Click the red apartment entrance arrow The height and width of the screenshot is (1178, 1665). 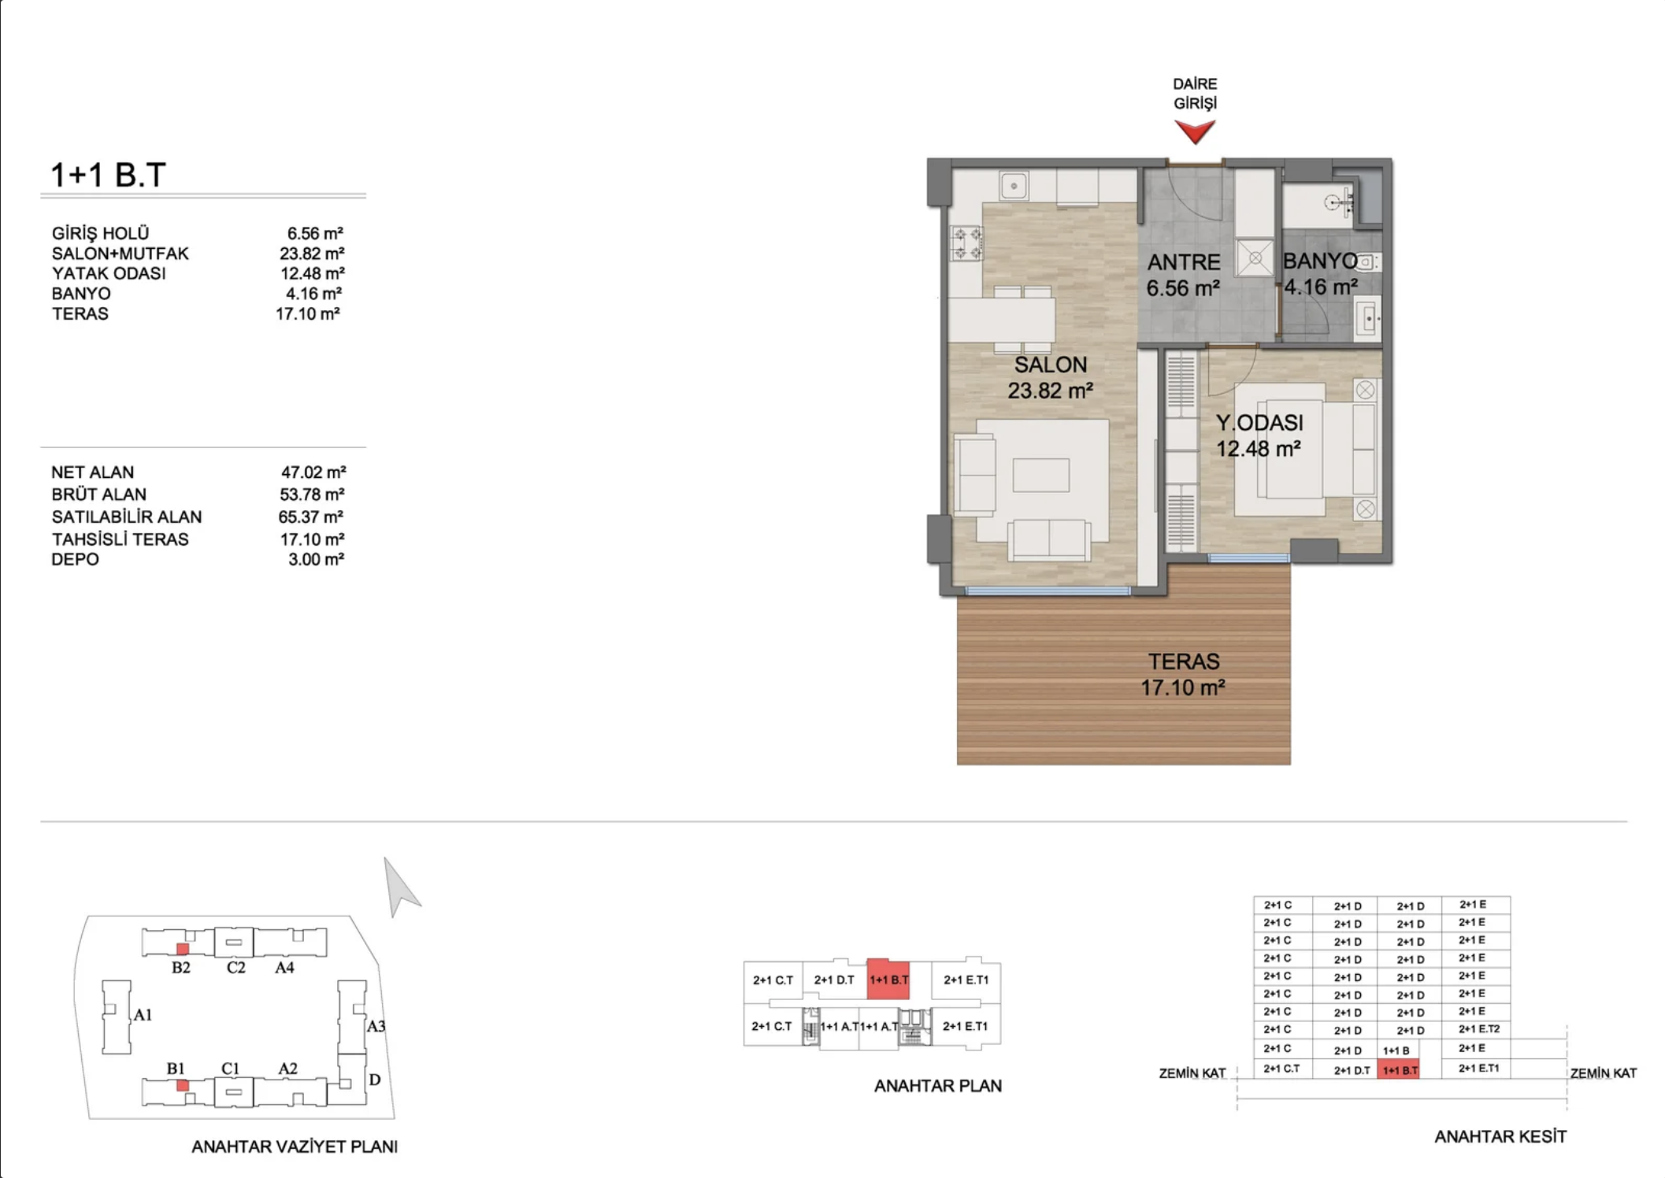click(1195, 131)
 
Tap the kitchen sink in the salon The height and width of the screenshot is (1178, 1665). click(1014, 187)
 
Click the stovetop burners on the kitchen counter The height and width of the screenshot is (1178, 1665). click(966, 243)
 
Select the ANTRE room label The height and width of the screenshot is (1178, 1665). click(1183, 262)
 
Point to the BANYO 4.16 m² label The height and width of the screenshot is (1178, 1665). click(1321, 274)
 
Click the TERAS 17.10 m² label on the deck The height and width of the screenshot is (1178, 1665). click(1183, 675)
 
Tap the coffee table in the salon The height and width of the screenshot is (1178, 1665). click(1040, 475)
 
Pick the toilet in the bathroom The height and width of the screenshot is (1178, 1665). click(1368, 262)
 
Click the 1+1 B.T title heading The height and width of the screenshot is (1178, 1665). click(108, 175)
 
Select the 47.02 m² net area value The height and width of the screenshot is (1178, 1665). click(313, 472)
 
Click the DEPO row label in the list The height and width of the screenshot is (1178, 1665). click(75, 560)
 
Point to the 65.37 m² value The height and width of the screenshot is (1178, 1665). click(311, 517)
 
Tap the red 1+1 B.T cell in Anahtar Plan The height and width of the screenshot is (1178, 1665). click(888, 980)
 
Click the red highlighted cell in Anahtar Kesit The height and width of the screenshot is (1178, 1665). click(1399, 1070)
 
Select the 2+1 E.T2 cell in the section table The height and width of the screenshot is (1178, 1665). click(1478, 1029)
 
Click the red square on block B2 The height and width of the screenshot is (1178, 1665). click(182, 949)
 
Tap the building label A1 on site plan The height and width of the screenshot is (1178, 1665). click(143, 1015)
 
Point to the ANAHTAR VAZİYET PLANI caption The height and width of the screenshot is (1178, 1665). click(295, 1147)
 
